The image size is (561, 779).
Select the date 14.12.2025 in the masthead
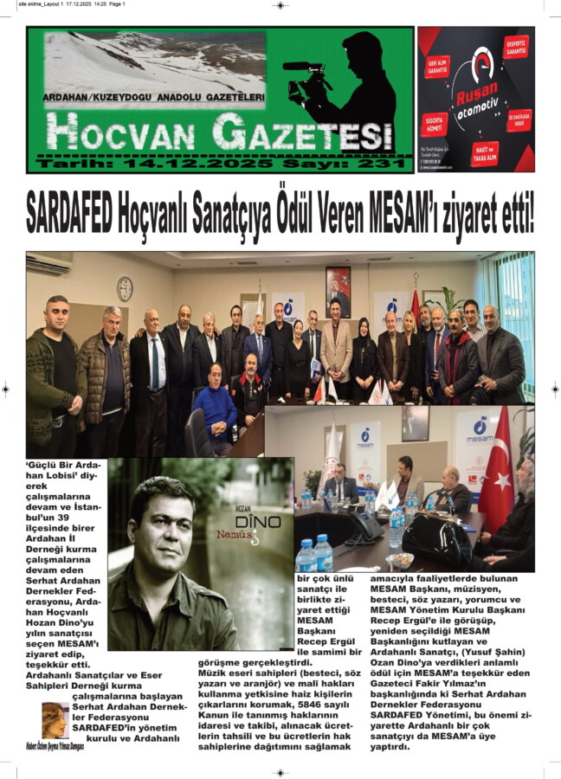(x=198, y=164)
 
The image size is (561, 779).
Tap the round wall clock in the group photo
(x=125, y=288)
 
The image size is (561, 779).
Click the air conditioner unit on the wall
(x=48, y=263)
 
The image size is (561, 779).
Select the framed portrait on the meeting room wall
(x=338, y=291)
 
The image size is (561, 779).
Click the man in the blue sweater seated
(x=214, y=407)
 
